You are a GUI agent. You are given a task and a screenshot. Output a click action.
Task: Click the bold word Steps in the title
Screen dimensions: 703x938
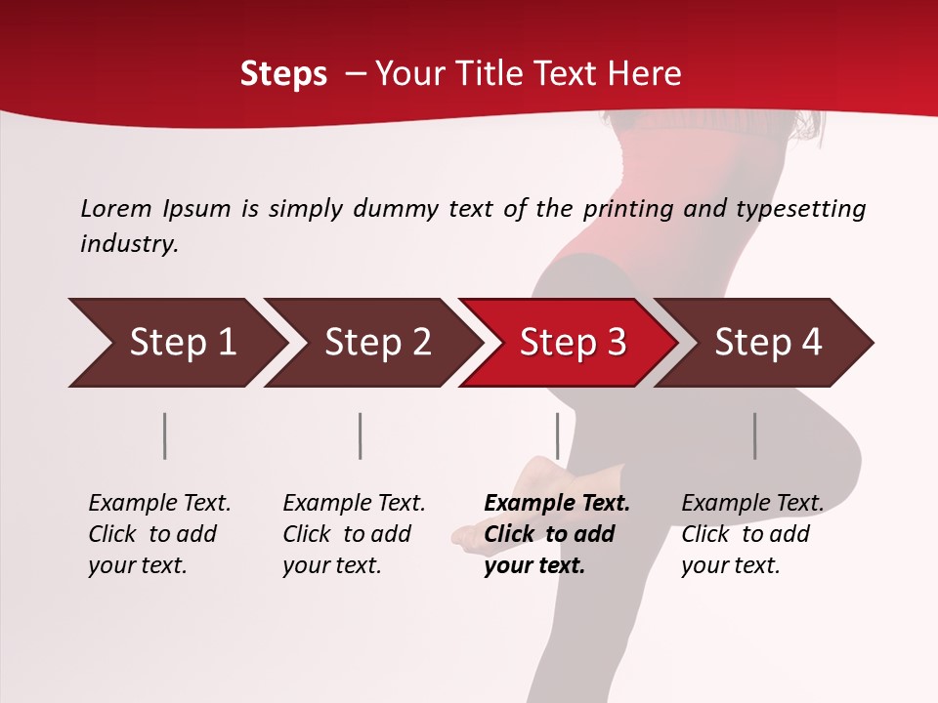(x=283, y=74)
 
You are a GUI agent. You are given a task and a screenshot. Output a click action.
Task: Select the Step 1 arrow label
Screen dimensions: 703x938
(x=183, y=343)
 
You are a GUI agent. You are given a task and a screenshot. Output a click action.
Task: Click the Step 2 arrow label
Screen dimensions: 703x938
(x=378, y=343)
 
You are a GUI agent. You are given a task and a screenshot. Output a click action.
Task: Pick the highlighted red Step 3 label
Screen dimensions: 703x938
(x=573, y=343)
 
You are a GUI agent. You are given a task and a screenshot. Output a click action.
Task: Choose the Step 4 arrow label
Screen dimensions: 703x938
(x=768, y=343)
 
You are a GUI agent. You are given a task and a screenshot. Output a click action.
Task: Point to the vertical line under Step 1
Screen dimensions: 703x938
(x=165, y=435)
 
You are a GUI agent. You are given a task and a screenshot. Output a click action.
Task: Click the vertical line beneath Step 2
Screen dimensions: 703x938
(x=361, y=435)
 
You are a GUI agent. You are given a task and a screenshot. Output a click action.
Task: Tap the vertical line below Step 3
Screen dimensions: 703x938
(x=557, y=435)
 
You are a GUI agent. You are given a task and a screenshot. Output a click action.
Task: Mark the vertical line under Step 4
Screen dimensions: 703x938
(x=754, y=435)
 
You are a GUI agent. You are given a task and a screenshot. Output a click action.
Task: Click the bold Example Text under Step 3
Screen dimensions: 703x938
(x=557, y=504)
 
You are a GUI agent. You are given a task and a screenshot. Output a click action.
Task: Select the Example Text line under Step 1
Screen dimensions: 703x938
(x=159, y=504)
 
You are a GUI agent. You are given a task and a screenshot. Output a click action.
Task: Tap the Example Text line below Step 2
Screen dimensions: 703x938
(x=354, y=504)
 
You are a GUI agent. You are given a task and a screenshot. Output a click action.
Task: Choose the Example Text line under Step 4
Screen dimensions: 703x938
(x=752, y=504)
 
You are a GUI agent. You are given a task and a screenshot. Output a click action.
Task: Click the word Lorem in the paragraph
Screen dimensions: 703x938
(x=116, y=209)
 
